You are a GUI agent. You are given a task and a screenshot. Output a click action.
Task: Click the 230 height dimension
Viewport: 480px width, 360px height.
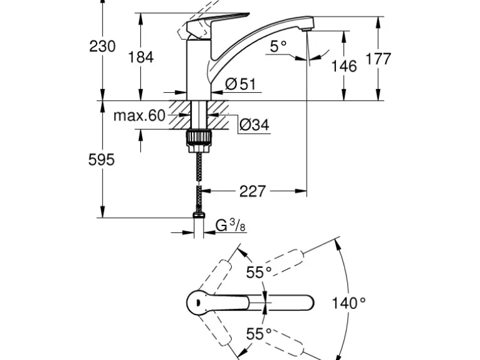103,46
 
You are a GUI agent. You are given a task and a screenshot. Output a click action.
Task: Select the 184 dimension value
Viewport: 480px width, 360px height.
140,57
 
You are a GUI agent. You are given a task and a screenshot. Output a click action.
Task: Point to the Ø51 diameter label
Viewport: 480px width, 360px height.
241,83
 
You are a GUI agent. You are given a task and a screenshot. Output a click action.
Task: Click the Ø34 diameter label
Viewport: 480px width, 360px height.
254,125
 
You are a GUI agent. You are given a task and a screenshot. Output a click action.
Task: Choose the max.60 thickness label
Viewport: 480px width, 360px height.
140,115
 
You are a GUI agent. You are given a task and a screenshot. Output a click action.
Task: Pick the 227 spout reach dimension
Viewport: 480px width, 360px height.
252,191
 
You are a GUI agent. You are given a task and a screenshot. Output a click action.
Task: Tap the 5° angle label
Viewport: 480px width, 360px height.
278,45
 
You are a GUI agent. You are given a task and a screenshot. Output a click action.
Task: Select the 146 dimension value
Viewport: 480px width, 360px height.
343,65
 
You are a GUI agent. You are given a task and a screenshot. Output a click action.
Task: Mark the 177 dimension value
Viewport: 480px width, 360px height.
378,59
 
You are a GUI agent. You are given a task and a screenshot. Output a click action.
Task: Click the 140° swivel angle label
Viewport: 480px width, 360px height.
348,303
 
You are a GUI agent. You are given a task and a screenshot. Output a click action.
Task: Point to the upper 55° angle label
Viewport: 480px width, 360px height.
259,272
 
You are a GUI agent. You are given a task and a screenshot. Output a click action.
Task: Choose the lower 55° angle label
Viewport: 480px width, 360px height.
259,333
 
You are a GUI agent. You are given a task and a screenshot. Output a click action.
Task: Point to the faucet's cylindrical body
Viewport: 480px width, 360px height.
199,72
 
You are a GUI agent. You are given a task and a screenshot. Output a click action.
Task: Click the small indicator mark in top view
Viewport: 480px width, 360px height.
198,303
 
